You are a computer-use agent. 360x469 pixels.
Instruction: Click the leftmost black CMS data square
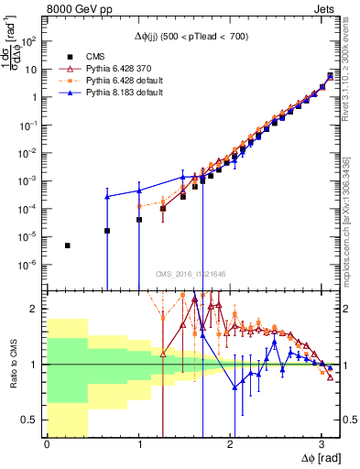[68, 245]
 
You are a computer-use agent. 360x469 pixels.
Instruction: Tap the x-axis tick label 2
[230, 444]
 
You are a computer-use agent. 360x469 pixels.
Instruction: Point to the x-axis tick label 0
[47, 444]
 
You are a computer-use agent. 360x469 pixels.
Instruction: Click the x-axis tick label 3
[321, 444]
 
